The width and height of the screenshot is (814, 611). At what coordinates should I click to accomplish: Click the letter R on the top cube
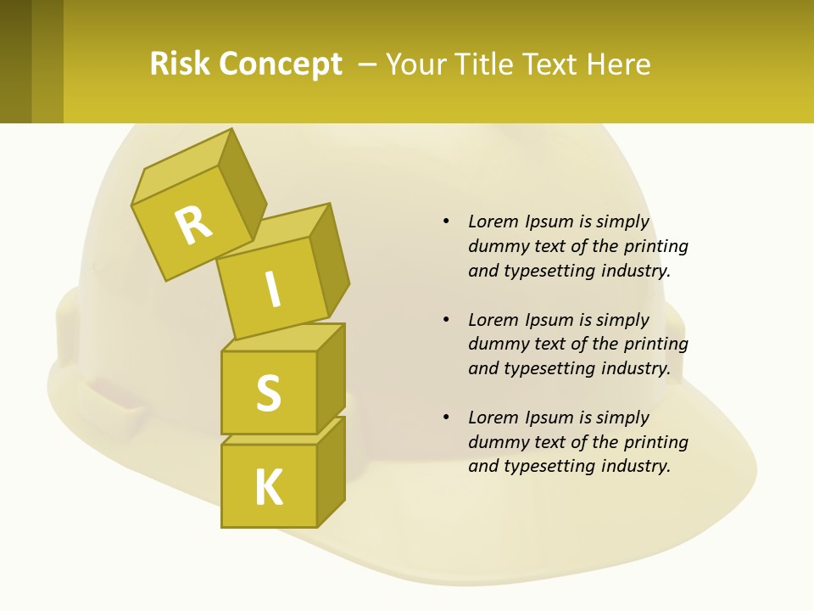pos(193,226)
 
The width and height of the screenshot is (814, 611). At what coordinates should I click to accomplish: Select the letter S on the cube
pos(268,393)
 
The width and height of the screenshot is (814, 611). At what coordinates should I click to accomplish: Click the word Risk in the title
pos(179,64)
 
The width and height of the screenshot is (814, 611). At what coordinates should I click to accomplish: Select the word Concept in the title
pos(280,64)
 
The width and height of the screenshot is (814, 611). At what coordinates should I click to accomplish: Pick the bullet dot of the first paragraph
pos(446,221)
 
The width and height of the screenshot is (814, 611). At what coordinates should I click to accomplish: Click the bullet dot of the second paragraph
pos(446,320)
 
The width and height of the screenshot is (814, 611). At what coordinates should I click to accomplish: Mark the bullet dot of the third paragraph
pos(446,418)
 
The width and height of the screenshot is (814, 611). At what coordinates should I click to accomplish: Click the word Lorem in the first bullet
pos(493,221)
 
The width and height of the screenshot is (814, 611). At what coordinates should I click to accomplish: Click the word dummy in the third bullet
pos(495,442)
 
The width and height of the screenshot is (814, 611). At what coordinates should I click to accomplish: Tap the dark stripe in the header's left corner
pos(15,61)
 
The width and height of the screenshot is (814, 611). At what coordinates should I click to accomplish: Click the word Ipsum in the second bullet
pos(549,320)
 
